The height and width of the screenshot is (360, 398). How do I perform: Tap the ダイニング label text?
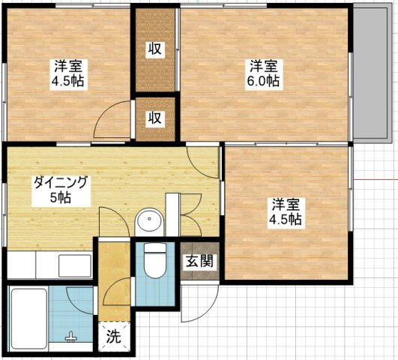tap(61, 182)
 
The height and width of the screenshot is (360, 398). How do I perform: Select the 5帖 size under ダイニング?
tap(61, 198)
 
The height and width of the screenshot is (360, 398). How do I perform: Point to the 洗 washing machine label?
tap(112, 337)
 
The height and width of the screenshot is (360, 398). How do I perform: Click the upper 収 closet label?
tap(155, 49)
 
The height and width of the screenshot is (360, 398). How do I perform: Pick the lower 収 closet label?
tap(155, 118)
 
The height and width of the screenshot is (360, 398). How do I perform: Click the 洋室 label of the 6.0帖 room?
tap(265, 65)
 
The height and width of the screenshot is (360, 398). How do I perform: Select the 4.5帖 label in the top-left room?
tap(67, 81)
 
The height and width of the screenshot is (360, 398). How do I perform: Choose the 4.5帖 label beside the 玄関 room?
tap(286, 220)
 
